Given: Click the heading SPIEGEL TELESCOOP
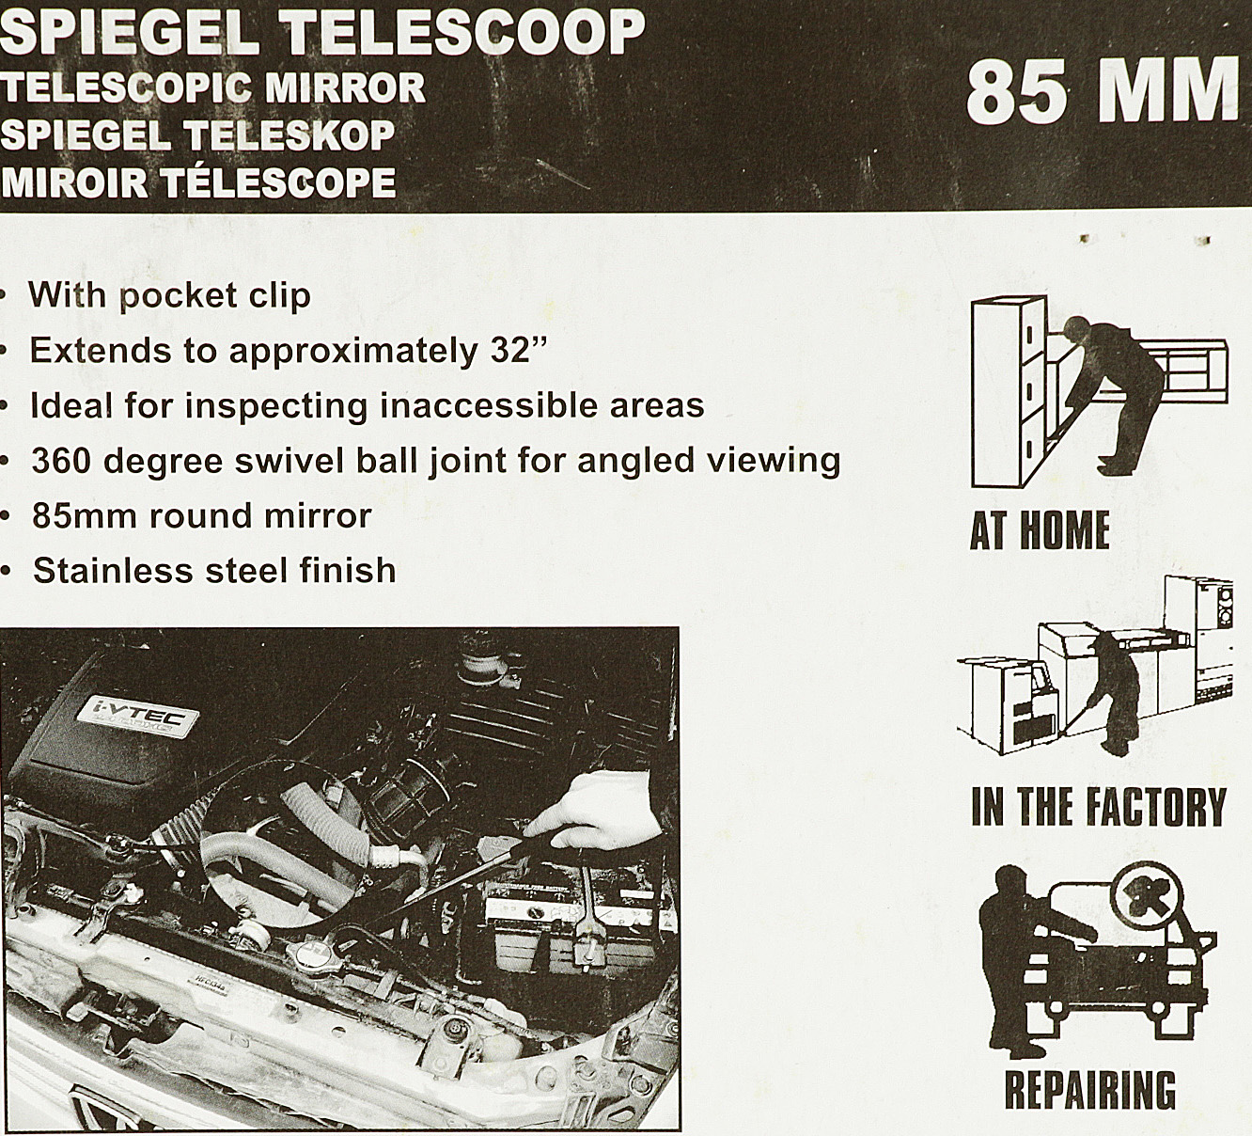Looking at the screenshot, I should click(321, 34).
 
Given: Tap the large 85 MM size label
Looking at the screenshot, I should click(1102, 91).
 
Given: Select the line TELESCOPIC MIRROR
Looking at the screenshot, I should click(212, 87).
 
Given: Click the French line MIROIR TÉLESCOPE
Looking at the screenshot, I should click(197, 181).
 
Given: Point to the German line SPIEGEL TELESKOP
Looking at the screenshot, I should click(197, 134).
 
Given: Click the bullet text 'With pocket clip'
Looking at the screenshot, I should click(169, 295).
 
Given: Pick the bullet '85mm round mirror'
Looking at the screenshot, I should click(201, 515).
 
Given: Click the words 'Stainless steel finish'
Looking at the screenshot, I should click(214, 571).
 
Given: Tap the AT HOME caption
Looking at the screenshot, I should click(1040, 530).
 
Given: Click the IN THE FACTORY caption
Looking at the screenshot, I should click(1098, 807).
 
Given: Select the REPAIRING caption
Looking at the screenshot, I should click(1090, 1089).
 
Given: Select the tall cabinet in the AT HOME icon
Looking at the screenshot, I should click(1008, 390).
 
